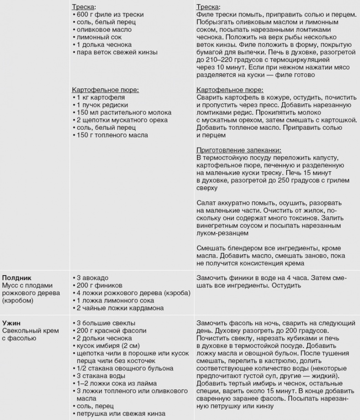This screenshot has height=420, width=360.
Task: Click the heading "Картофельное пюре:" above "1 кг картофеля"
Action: pyautogui.click(x=105, y=90)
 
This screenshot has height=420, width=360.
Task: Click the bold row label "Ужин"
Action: pyautogui.click(x=11, y=323)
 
